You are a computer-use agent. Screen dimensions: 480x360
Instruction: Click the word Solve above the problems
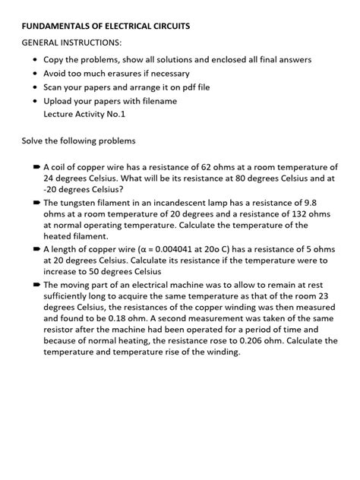point(35,141)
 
